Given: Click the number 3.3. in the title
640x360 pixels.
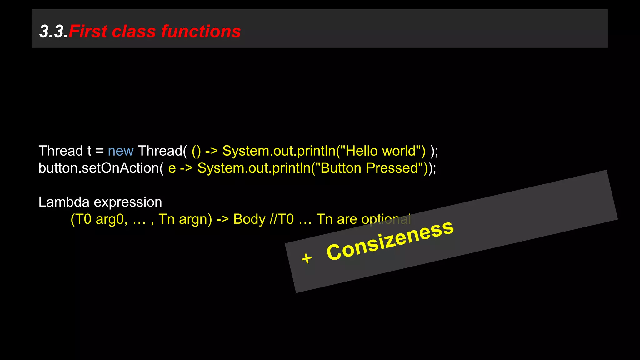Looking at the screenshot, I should coord(53,32).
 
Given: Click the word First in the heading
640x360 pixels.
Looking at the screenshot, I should coord(88,32).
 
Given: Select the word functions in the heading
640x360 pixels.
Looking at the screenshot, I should coord(201,32).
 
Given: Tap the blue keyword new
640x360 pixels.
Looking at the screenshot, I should coord(120,151).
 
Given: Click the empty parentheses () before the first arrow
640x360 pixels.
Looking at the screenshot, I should coord(196,151).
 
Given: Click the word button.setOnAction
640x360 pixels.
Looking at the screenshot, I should coord(99,168).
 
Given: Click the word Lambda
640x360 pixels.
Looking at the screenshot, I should coord(64,202).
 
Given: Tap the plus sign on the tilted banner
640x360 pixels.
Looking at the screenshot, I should coord(307,258).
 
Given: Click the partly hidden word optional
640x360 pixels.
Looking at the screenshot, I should coord(386,219).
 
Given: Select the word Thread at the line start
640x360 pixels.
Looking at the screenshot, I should coord(60,151).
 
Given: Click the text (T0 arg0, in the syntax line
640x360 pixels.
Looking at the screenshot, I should coord(99,219).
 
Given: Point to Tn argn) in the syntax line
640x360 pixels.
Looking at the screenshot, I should coord(185,219).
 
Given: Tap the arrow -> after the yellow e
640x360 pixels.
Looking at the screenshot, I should coord(186,168).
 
